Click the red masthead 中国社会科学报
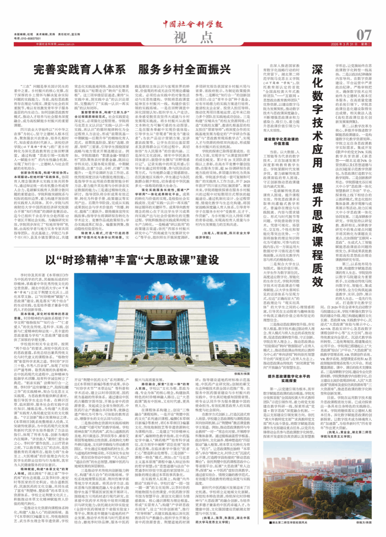(193, 24)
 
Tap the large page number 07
(364, 35)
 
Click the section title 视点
(193, 37)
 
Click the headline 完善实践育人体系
(80, 70)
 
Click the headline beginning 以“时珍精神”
(132, 260)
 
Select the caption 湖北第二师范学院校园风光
(289, 522)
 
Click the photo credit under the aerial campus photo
(363, 522)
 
